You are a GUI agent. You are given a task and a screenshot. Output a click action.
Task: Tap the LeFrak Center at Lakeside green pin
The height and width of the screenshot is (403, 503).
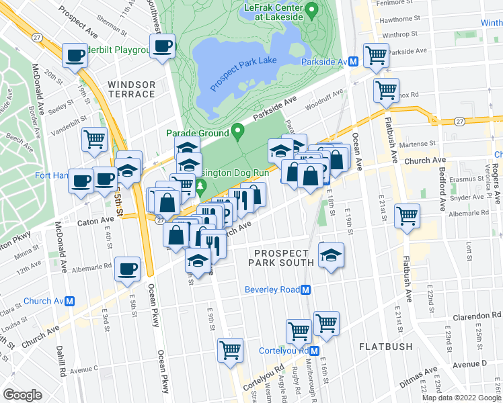(311, 10)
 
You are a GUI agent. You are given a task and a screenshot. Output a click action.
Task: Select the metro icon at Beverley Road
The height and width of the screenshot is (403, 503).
(306, 289)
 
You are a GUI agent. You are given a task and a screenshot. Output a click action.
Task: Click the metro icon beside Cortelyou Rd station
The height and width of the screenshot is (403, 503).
(315, 351)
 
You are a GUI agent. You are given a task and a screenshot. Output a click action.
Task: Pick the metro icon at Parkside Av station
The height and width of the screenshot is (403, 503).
(352, 62)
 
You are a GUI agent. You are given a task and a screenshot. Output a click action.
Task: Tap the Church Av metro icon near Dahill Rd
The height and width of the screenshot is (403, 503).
(69, 301)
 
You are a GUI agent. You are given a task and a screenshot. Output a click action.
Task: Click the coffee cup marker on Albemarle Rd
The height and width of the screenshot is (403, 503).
(128, 269)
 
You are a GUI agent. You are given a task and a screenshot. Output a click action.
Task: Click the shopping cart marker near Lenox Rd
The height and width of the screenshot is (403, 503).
(386, 89)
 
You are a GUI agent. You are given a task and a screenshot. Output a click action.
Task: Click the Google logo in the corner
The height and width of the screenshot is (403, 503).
(22, 395)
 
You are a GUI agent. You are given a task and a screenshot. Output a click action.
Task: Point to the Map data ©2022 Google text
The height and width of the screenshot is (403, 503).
(461, 398)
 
